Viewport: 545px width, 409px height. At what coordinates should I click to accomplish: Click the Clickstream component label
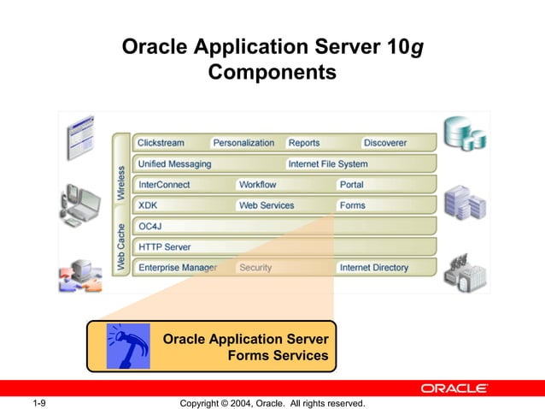click(x=161, y=143)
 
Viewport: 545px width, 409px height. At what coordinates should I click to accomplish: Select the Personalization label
click(x=243, y=143)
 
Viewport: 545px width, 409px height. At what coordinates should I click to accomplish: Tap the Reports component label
click(x=304, y=143)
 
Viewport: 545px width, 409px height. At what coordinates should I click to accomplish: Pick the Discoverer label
click(x=384, y=143)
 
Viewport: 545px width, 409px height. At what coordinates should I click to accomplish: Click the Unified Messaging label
click(x=174, y=163)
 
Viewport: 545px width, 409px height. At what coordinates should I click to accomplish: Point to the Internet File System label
click(x=328, y=163)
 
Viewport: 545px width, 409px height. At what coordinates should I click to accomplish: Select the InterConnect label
click(x=164, y=185)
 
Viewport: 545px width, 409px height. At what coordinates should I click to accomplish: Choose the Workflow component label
click(x=257, y=185)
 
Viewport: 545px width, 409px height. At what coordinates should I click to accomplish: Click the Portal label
click(x=351, y=185)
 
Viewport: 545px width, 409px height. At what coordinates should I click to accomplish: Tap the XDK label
click(x=148, y=205)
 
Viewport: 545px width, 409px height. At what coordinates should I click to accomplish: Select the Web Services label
click(x=266, y=205)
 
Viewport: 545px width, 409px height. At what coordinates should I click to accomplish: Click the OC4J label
click(x=150, y=226)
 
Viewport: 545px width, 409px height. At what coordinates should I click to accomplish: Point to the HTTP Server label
click(x=165, y=246)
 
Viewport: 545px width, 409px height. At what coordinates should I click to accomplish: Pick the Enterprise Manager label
click(x=178, y=268)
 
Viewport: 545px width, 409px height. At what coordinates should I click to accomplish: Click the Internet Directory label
click(x=374, y=268)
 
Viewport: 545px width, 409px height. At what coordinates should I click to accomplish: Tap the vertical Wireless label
click(x=120, y=181)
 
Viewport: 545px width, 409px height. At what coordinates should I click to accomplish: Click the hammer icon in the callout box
click(x=127, y=347)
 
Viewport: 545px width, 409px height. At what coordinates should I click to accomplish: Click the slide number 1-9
click(x=39, y=403)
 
